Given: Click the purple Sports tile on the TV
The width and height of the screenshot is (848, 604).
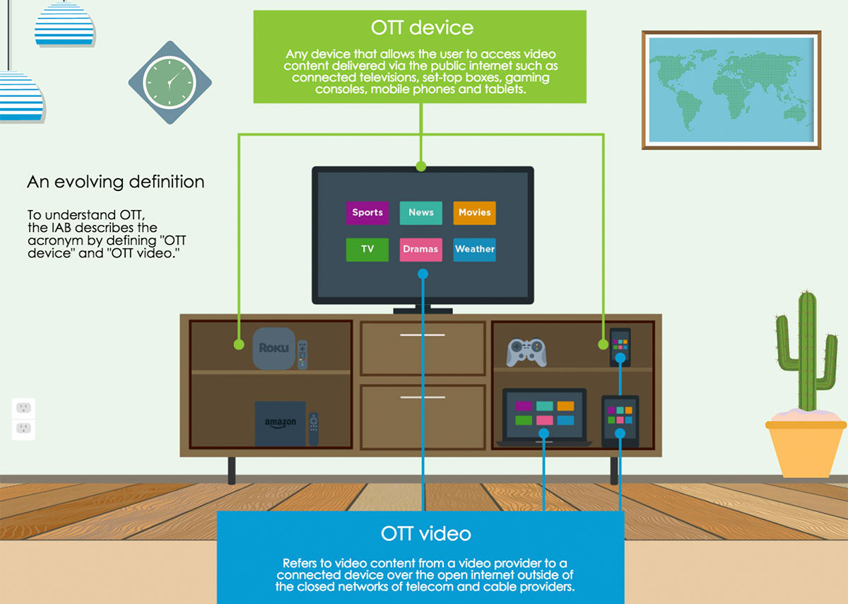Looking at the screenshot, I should pyautogui.click(x=367, y=212).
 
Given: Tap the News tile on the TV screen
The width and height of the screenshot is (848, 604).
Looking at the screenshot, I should pyautogui.click(x=421, y=212).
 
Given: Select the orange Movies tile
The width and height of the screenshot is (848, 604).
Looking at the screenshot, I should pyautogui.click(x=474, y=212).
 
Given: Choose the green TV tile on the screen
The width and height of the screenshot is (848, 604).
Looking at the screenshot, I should pyautogui.click(x=367, y=249).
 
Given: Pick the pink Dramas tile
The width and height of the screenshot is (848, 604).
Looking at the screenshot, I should pyautogui.click(x=421, y=249).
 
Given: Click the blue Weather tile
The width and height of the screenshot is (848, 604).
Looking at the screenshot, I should pyautogui.click(x=474, y=249).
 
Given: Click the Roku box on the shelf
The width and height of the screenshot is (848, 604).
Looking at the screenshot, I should pyautogui.click(x=273, y=348).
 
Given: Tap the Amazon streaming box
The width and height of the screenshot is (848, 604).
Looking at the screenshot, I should pyautogui.click(x=280, y=424).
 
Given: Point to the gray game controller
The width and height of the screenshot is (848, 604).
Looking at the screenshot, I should pyautogui.click(x=526, y=352).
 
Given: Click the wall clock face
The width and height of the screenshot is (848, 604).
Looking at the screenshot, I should pyautogui.click(x=170, y=82).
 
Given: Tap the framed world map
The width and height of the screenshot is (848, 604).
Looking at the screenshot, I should pyautogui.click(x=731, y=89).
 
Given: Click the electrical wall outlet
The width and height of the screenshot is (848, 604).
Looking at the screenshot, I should pyautogui.click(x=23, y=418).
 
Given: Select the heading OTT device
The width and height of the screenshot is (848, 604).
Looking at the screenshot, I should pyautogui.click(x=422, y=28).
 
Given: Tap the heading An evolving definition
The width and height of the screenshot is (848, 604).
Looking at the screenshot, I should pyautogui.click(x=116, y=182).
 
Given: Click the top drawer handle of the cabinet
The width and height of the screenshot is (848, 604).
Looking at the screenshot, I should pyautogui.click(x=422, y=335).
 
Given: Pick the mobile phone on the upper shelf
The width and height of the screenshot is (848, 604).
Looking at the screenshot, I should pyautogui.click(x=620, y=346).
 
